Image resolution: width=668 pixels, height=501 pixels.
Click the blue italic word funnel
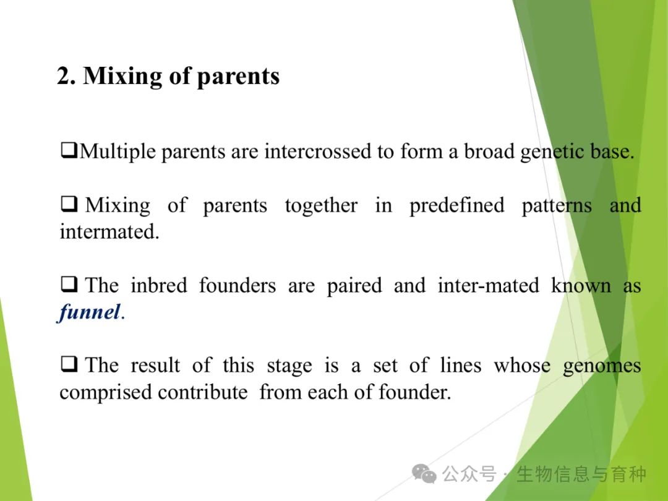pos(88,312)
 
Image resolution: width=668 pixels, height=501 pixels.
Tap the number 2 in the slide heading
pos(64,76)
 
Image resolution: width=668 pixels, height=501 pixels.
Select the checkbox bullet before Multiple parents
pos(69,150)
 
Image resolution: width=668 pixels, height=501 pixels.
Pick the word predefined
pos(456,205)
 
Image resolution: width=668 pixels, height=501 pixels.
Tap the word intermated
pos(109,232)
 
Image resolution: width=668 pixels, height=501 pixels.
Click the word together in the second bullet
pos(321,206)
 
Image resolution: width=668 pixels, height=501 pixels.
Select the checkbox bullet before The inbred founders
pos(69,284)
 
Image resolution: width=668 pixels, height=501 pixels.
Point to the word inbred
pos(158,285)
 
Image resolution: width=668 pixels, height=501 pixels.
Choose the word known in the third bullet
pos(581,285)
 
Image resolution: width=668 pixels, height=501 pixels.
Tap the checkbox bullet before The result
pos(69,364)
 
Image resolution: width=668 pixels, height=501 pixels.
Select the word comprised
pos(105,393)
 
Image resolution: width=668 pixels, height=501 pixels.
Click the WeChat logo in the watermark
pos(424,474)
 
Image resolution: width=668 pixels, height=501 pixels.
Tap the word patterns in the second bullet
pos(557,206)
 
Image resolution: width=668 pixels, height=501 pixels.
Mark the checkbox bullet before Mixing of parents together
pos(69,203)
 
